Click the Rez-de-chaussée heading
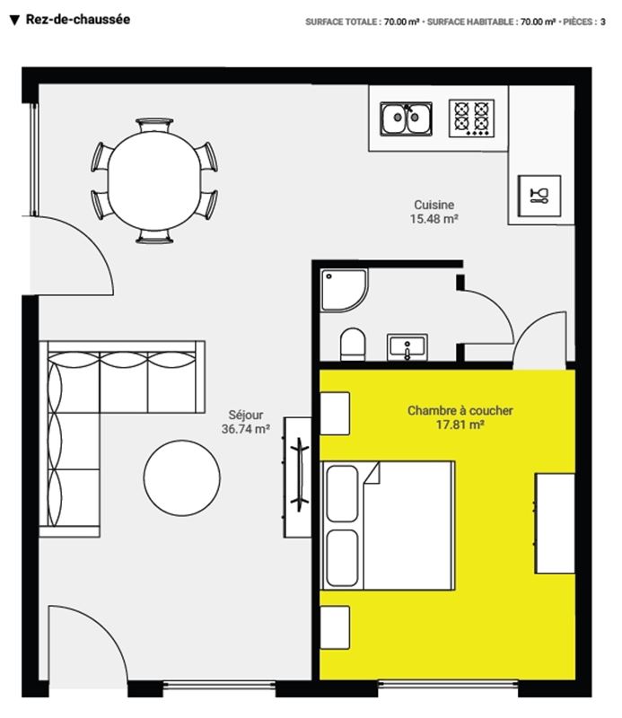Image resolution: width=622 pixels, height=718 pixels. coord(77,20)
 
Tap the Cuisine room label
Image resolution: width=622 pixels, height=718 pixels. coord(434,205)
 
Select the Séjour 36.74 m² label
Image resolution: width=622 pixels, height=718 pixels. coord(246,422)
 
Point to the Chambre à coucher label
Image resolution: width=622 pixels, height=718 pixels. coord(460,410)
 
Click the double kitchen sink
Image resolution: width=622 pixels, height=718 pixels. coord(406,118)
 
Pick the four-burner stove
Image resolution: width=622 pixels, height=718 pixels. coord(471,118)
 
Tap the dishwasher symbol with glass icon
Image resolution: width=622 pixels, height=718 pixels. coord(539,196)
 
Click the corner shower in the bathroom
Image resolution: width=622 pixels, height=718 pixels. coord(344,290)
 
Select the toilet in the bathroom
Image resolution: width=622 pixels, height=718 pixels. coord(353,344)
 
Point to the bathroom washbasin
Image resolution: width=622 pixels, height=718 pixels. coord(407,347)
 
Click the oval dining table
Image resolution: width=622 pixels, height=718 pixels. coord(154,181)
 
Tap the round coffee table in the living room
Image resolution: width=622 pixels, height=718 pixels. coord(182,478)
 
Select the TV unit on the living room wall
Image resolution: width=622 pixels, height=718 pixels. coord(297,477)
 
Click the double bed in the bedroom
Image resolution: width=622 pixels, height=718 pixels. coord(388,525)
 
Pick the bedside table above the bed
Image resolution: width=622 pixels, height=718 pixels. coord(335,413)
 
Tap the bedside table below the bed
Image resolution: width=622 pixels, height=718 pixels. coord(335,627)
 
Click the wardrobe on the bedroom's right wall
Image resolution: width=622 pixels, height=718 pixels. coord(555,523)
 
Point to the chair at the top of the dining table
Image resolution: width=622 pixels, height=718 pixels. coord(154,125)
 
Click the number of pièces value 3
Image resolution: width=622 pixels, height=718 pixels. coord(603,22)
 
